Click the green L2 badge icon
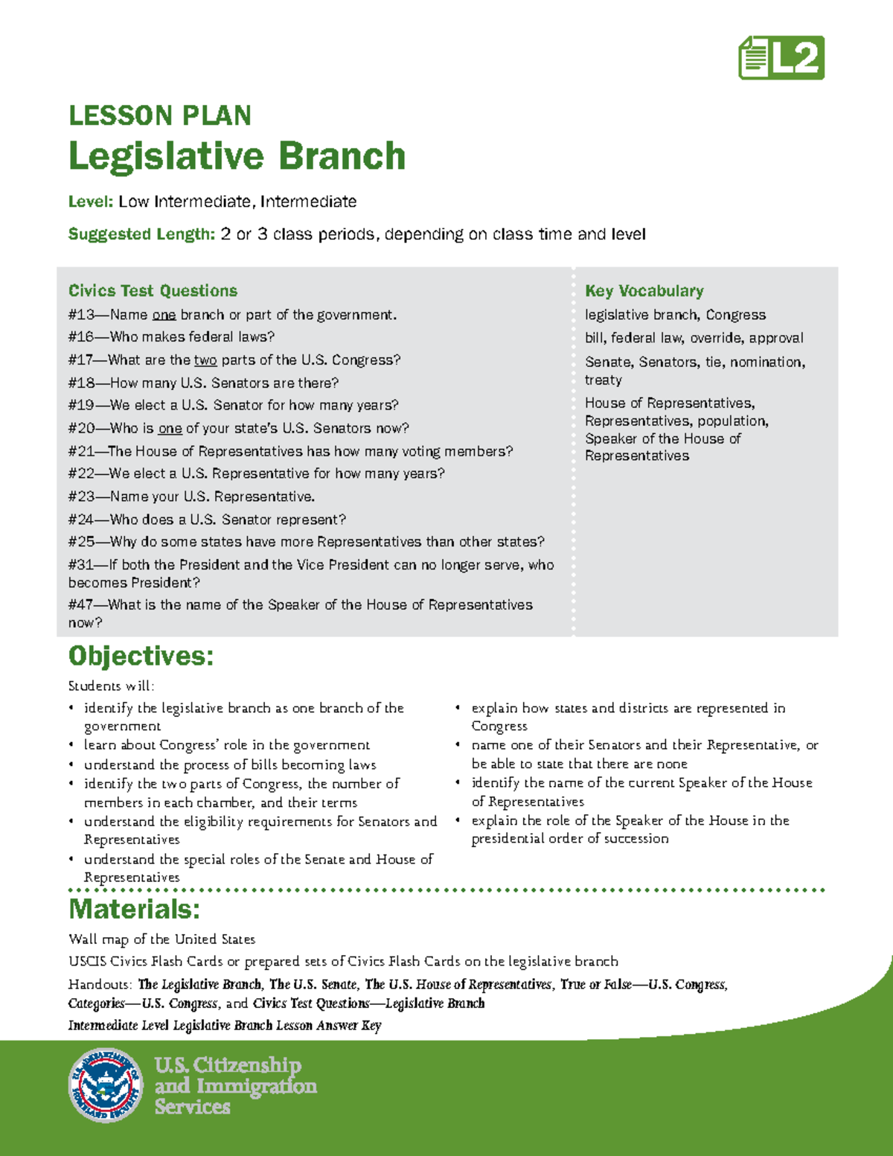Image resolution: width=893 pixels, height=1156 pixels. click(x=781, y=58)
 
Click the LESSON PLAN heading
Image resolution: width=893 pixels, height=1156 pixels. click(x=159, y=116)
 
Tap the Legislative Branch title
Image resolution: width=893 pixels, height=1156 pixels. click(x=237, y=156)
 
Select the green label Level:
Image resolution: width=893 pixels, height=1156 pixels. click(x=91, y=202)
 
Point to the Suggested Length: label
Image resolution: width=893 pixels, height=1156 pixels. click(x=141, y=234)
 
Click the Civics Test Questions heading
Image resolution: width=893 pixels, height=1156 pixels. click(x=153, y=291)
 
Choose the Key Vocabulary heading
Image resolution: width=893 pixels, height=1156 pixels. click(x=644, y=291)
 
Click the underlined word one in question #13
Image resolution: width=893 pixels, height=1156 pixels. click(x=164, y=315)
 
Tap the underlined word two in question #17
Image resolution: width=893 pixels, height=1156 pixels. click(x=205, y=360)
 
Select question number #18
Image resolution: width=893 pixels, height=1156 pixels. click(x=80, y=383)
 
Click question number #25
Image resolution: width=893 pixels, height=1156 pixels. click(x=80, y=542)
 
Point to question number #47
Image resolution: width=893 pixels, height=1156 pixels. click(x=80, y=605)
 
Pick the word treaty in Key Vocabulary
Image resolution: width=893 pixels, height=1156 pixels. click(x=603, y=380)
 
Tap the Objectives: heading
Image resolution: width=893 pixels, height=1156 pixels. click(x=141, y=657)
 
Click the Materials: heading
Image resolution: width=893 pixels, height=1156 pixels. click(x=134, y=910)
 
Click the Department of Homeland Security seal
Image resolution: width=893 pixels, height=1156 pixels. click(x=105, y=1085)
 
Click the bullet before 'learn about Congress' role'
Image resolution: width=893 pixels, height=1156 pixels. click(x=71, y=746)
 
